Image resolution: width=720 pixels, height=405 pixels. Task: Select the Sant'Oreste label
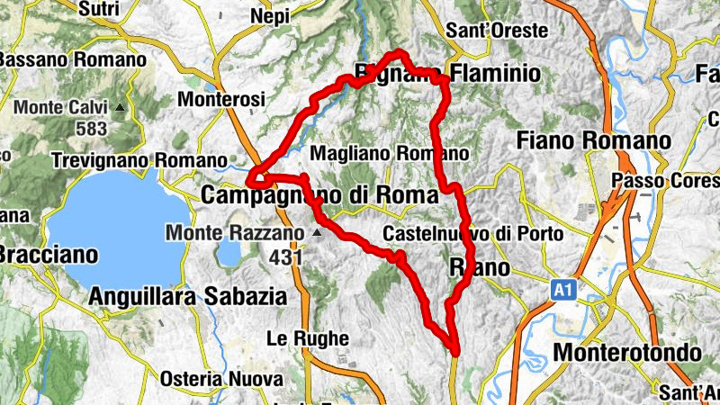click(x=498, y=31)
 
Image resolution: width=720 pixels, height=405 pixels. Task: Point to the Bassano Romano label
click(x=72, y=59)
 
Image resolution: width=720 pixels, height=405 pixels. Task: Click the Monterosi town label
click(x=221, y=98)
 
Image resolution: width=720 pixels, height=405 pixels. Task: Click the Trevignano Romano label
click(x=139, y=160)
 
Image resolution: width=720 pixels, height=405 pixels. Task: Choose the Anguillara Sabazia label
click(x=188, y=295)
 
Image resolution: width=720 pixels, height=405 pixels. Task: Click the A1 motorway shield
click(x=563, y=290)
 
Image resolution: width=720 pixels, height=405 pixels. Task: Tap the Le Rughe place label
click(x=308, y=338)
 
